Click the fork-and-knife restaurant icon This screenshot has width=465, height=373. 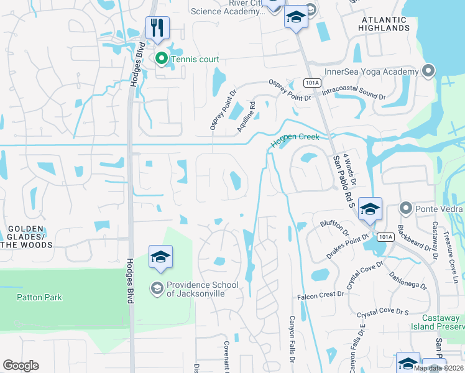[x=156, y=27]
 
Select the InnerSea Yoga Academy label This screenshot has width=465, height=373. [x=372, y=71]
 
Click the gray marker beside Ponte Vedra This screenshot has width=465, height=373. [x=407, y=207]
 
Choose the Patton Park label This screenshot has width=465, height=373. [x=39, y=297]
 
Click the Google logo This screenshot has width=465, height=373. [x=21, y=366]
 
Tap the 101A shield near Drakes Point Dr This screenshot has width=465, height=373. [x=385, y=237]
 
